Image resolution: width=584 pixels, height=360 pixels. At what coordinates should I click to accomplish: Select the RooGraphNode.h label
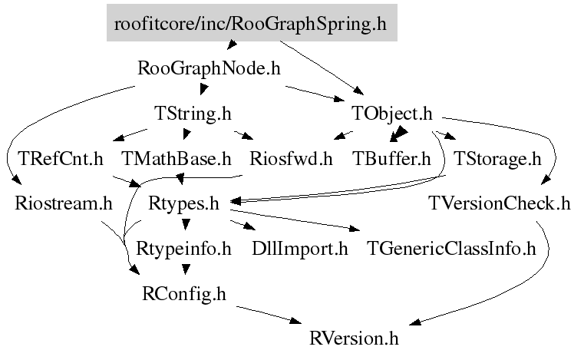click(209, 68)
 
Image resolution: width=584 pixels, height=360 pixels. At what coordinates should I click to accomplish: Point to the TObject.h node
click(392, 114)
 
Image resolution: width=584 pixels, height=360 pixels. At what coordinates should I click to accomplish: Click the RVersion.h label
click(355, 337)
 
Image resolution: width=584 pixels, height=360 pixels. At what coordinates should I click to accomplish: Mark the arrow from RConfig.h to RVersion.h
click(269, 315)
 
